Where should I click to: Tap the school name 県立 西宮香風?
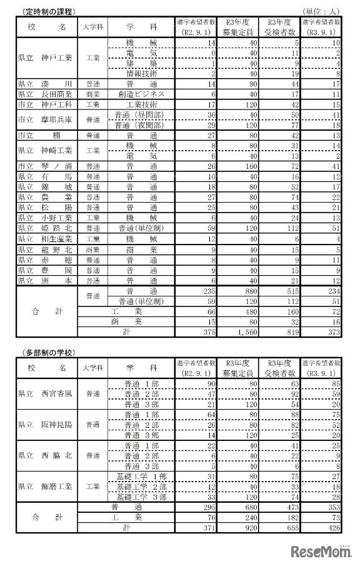(x=45, y=394)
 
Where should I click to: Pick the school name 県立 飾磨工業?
(x=45, y=486)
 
